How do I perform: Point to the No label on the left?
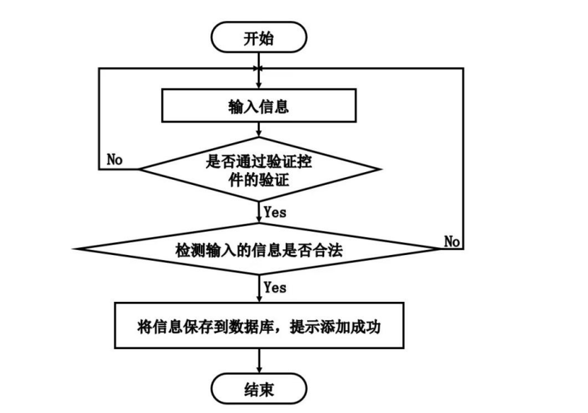click(115, 159)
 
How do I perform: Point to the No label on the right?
click(452, 242)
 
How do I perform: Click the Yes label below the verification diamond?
click(275, 211)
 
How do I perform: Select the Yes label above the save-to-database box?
click(275, 288)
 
